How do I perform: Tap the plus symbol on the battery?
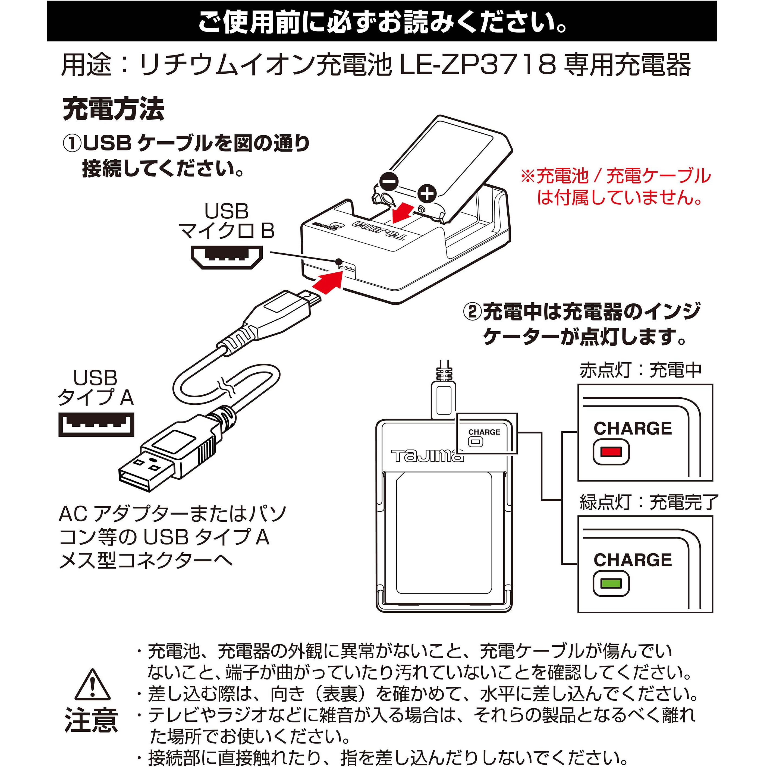pos(426,194)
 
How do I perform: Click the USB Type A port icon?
pos(96,425)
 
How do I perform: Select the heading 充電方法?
pos(113,109)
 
